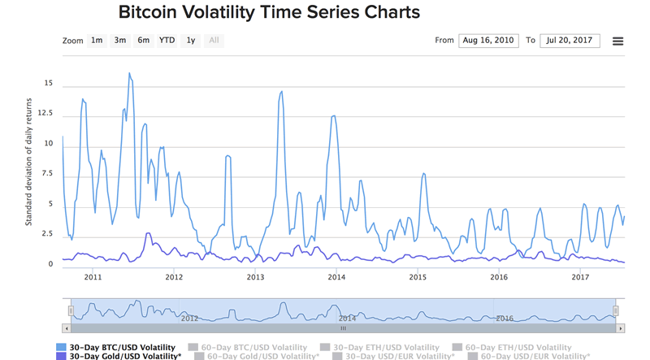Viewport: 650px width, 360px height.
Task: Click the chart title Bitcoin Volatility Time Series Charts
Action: tap(269, 13)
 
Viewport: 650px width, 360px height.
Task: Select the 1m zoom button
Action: tap(97, 40)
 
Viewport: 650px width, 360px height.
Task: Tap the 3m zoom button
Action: tap(120, 40)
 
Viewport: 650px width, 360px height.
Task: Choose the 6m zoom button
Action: tap(144, 40)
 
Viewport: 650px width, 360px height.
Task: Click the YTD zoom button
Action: tap(167, 40)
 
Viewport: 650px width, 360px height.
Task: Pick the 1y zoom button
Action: tap(191, 40)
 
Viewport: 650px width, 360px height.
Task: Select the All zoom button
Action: tap(214, 40)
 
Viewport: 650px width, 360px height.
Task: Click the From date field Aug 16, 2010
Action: tap(487, 40)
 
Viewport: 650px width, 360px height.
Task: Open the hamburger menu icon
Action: tap(617, 41)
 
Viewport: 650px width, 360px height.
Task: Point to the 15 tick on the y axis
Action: tap(49, 84)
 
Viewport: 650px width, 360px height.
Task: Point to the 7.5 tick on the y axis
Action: tap(48, 174)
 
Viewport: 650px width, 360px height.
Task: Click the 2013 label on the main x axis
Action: tap(255, 277)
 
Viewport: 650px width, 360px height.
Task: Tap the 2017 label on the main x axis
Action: tap(580, 277)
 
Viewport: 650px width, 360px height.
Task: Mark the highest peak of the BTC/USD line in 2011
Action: tap(129, 73)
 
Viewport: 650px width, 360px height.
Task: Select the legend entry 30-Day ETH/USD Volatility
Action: tap(386, 347)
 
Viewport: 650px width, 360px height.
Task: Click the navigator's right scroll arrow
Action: tap(621, 329)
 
